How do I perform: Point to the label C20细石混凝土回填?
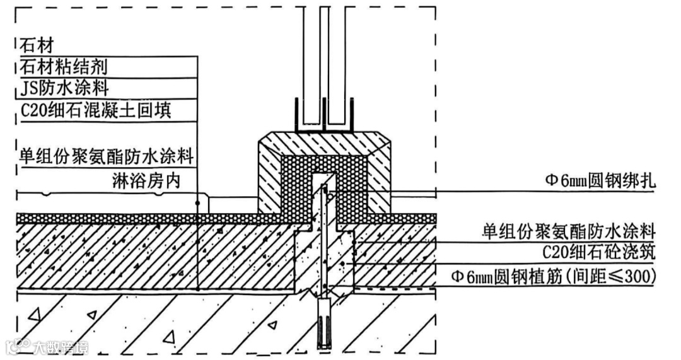95,110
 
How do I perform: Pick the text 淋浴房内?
146,183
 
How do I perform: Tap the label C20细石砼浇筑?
599,253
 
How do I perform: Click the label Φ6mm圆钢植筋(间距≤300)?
554,276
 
